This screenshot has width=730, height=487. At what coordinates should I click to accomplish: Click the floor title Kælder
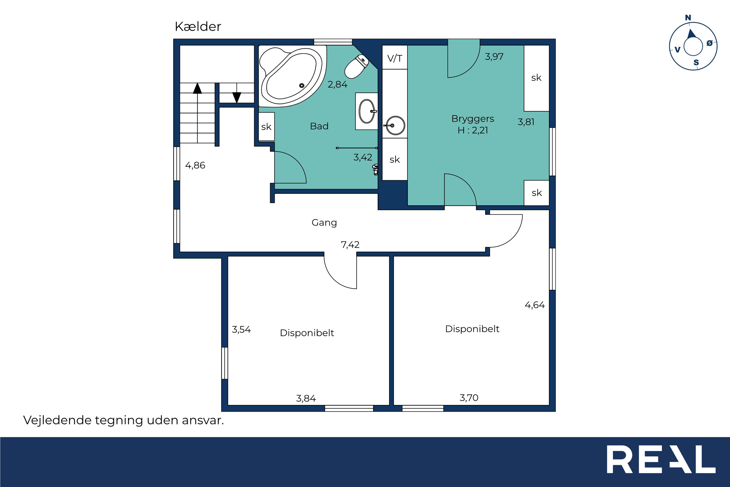[198, 27]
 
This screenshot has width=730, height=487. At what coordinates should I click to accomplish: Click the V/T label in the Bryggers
[395, 58]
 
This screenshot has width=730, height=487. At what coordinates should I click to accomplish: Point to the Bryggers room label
[473, 119]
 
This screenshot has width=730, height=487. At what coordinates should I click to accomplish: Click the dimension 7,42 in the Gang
[350, 245]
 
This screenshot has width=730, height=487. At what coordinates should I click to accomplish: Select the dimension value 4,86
[195, 165]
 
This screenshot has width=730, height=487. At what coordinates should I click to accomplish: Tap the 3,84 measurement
[306, 398]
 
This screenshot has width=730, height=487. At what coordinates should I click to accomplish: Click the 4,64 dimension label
[535, 305]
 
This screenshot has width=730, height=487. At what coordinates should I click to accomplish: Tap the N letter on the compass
[688, 18]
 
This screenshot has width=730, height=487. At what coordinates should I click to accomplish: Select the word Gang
[324, 223]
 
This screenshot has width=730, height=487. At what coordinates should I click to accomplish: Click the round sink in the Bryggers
[395, 126]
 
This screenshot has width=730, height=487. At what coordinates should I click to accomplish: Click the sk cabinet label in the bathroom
[266, 127]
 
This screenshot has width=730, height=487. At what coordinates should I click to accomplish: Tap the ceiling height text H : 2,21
[473, 130]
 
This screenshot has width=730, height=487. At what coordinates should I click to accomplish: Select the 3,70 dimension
[469, 398]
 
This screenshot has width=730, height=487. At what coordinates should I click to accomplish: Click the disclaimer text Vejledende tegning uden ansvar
[124, 420]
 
